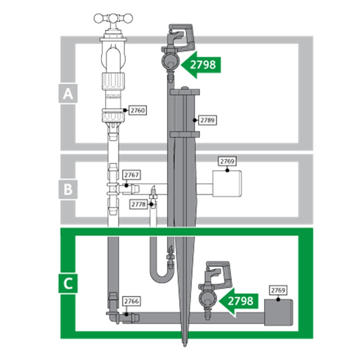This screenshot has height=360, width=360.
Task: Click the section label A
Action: pyautogui.click(x=68, y=94)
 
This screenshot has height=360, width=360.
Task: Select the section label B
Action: pyautogui.click(x=68, y=189)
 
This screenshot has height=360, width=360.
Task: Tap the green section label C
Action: pyautogui.click(x=68, y=283)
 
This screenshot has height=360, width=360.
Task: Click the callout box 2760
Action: pyautogui.click(x=138, y=110)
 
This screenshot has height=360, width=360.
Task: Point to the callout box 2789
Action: pyautogui.click(x=207, y=120)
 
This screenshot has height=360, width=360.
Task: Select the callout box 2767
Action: pyautogui.click(x=131, y=175)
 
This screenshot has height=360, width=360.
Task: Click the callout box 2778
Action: pyautogui.click(x=139, y=204)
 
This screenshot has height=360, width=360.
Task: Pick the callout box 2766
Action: pyautogui.click(x=131, y=301)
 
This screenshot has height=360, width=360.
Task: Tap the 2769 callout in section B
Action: pyautogui.click(x=227, y=162)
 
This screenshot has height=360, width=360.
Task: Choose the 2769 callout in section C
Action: pyautogui.click(x=278, y=290)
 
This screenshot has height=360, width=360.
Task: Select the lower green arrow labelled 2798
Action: pyautogui.click(x=238, y=301)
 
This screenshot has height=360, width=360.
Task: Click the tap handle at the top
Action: pyautogui.click(x=113, y=18)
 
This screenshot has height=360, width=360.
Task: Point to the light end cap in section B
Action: pyautogui.click(x=227, y=184)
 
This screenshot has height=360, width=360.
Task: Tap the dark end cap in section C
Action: pyautogui.click(x=279, y=312)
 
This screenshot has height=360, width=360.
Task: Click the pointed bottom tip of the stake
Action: pyautogui.click(x=184, y=346)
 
